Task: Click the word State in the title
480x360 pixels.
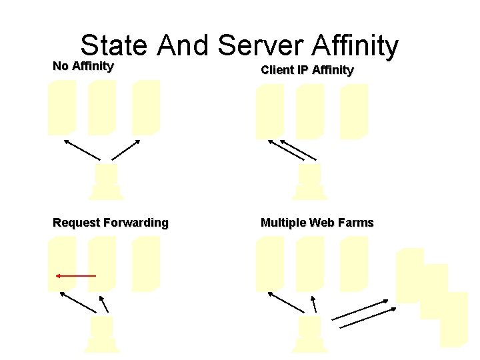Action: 113,45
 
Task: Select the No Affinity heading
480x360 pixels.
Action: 83,67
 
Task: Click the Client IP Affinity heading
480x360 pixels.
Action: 307,70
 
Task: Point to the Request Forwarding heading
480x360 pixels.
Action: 111,223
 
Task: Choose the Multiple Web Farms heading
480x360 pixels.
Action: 317,223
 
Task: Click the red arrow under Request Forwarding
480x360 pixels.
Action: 75,275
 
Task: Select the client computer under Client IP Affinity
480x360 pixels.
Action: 310,183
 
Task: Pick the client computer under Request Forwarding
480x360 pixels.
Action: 102,333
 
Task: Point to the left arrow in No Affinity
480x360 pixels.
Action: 81,150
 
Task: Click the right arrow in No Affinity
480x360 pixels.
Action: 126,150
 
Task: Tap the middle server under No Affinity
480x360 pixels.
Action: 102,107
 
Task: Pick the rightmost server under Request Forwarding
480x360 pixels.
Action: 146,263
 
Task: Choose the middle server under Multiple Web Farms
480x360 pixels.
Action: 310,263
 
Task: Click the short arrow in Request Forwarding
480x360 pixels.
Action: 105,303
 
